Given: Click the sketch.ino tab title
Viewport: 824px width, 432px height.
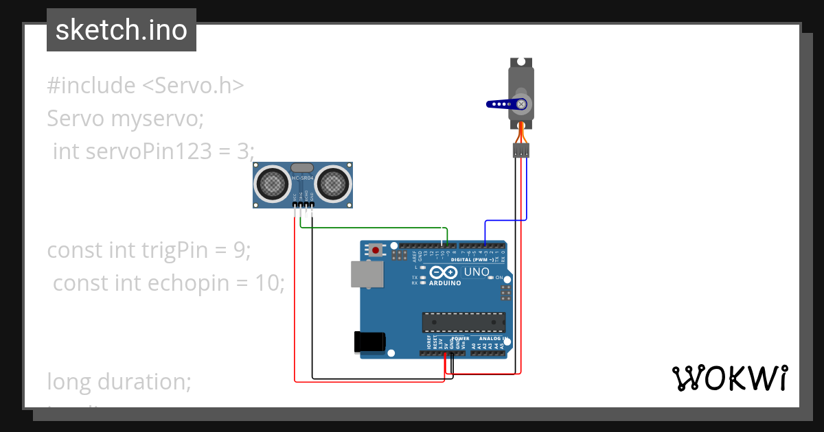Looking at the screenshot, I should [x=122, y=30].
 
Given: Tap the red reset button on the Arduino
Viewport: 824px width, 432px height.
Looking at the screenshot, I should [x=376, y=250].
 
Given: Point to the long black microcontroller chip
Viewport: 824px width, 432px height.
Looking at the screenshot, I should [x=463, y=322].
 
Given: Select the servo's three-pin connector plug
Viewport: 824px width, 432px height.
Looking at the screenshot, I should [x=521, y=150].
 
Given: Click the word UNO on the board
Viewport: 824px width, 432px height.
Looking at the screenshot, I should [x=477, y=272].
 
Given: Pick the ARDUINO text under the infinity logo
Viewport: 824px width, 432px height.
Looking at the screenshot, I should [x=445, y=283].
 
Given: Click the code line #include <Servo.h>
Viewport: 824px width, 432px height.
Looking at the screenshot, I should [x=145, y=86].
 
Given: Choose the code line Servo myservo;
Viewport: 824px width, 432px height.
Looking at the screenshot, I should [x=126, y=119].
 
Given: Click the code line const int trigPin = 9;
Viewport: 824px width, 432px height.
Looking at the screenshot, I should [x=149, y=250].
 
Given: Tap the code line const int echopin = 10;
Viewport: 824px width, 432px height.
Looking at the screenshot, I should [x=168, y=283].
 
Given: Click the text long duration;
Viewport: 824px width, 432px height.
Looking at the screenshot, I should [x=119, y=381].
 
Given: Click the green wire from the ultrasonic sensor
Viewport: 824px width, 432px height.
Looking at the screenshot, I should [x=371, y=227].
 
